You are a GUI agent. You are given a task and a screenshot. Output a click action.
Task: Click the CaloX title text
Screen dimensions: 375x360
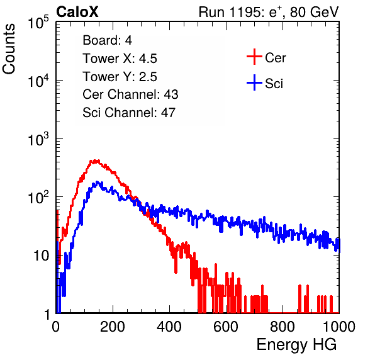pyautogui.click(x=77, y=12)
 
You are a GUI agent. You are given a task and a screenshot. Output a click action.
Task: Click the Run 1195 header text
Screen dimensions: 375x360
pyautogui.click(x=269, y=12)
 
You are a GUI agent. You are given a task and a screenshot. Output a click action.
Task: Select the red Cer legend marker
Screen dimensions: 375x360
pyautogui.click(x=254, y=57)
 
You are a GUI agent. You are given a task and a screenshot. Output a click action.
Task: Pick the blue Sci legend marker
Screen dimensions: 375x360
pyautogui.click(x=254, y=83)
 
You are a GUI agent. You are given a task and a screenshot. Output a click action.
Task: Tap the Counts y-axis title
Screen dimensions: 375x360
pyautogui.click(x=9, y=49)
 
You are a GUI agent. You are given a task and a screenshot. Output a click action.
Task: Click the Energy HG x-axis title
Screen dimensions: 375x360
pyautogui.click(x=296, y=344)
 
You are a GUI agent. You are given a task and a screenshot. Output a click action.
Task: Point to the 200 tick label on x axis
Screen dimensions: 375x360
pyautogui.click(x=113, y=327)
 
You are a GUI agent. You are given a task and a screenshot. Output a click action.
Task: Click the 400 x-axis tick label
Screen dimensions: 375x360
pyautogui.click(x=169, y=327)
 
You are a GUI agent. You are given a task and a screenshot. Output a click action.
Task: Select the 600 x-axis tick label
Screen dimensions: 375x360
pyautogui.click(x=226, y=327)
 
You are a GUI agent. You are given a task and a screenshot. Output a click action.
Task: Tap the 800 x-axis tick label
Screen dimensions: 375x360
pyautogui.click(x=283, y=327)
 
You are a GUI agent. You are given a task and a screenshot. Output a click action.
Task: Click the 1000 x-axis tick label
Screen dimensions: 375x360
pyautogui.click(x=339, y=327)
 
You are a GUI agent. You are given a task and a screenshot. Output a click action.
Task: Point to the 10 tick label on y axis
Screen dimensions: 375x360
pyautogui.click(x=41, y=256)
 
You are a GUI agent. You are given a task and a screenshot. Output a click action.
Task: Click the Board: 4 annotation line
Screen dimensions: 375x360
pyautogui.click(x=107, y=40)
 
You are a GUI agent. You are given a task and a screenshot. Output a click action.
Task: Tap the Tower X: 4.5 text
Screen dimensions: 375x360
pyautogui.click(x=120, y=59)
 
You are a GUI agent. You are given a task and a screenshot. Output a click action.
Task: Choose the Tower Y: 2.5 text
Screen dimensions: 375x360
pyautogui.click(x=120, y=77)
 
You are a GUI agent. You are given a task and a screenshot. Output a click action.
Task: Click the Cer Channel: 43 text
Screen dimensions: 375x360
pyautogui.click(x=130, y=94)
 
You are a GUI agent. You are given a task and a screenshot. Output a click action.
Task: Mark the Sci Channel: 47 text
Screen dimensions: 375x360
pyautogui.click(x=129, y=113)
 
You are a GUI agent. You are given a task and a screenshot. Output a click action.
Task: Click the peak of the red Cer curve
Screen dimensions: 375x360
pyautogui.click(x=95, y=160)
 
